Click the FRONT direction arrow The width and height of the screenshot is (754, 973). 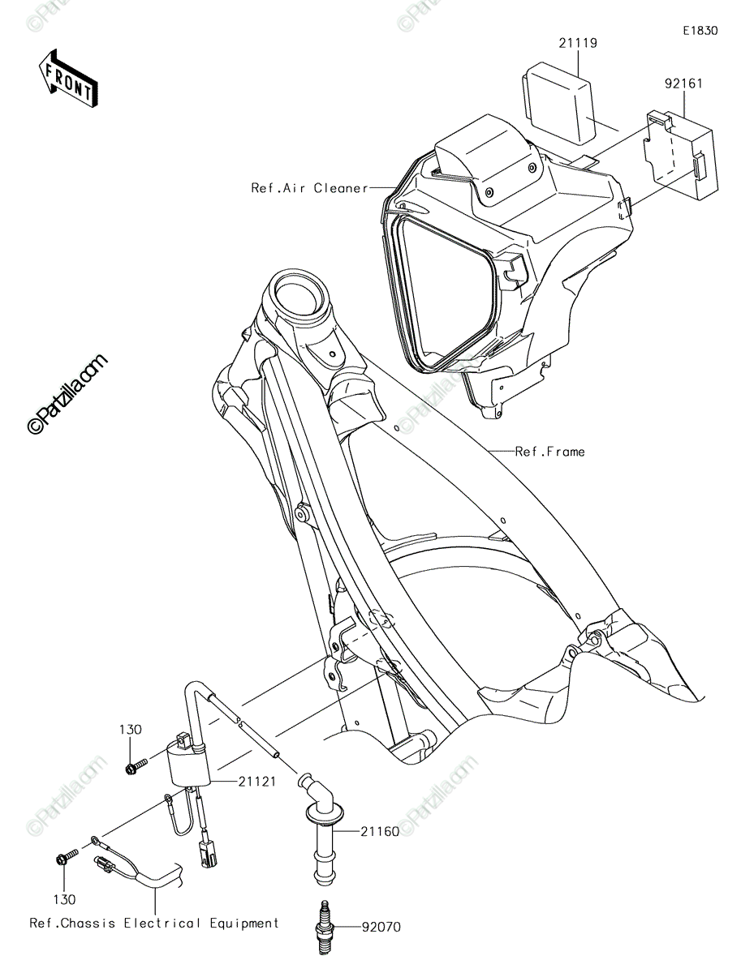(68, 79)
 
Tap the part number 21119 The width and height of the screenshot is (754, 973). (578, 44)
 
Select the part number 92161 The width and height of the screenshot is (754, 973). (683, 84)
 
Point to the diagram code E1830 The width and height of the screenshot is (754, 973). (700, 31)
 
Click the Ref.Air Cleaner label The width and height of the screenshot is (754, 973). (309, 187)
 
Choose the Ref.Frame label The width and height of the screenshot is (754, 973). (549, 452)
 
